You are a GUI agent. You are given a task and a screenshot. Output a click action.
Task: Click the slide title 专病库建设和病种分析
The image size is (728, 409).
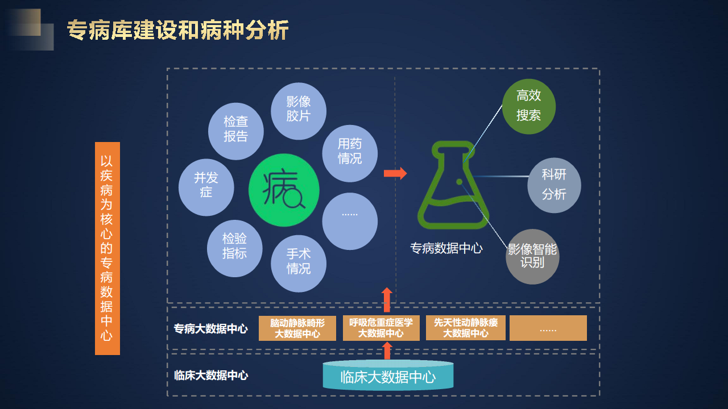click(x=177, y=30)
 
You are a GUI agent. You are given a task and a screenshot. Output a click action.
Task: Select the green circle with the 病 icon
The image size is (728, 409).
click(x=284, y=190)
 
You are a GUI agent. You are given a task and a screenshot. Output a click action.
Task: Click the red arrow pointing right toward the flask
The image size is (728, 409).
click(x=395, y=173)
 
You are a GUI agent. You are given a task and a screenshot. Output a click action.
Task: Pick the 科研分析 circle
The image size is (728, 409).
click(x=554, y=185)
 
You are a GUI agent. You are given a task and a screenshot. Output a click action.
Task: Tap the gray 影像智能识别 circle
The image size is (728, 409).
click(x=532, y=257)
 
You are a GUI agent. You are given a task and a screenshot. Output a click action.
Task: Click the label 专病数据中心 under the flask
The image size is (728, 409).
click(x=446, y=248)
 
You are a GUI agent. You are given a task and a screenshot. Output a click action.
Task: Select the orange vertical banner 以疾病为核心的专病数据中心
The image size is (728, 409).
click(x=107, y=248)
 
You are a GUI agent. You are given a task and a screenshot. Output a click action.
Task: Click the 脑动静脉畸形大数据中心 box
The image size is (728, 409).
click(x=297, y=328)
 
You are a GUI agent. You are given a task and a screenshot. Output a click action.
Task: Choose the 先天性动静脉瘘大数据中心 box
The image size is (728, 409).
click(x=466, y=328)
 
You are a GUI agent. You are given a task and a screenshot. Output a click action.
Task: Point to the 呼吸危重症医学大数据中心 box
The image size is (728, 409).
click(x=381, y=328)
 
